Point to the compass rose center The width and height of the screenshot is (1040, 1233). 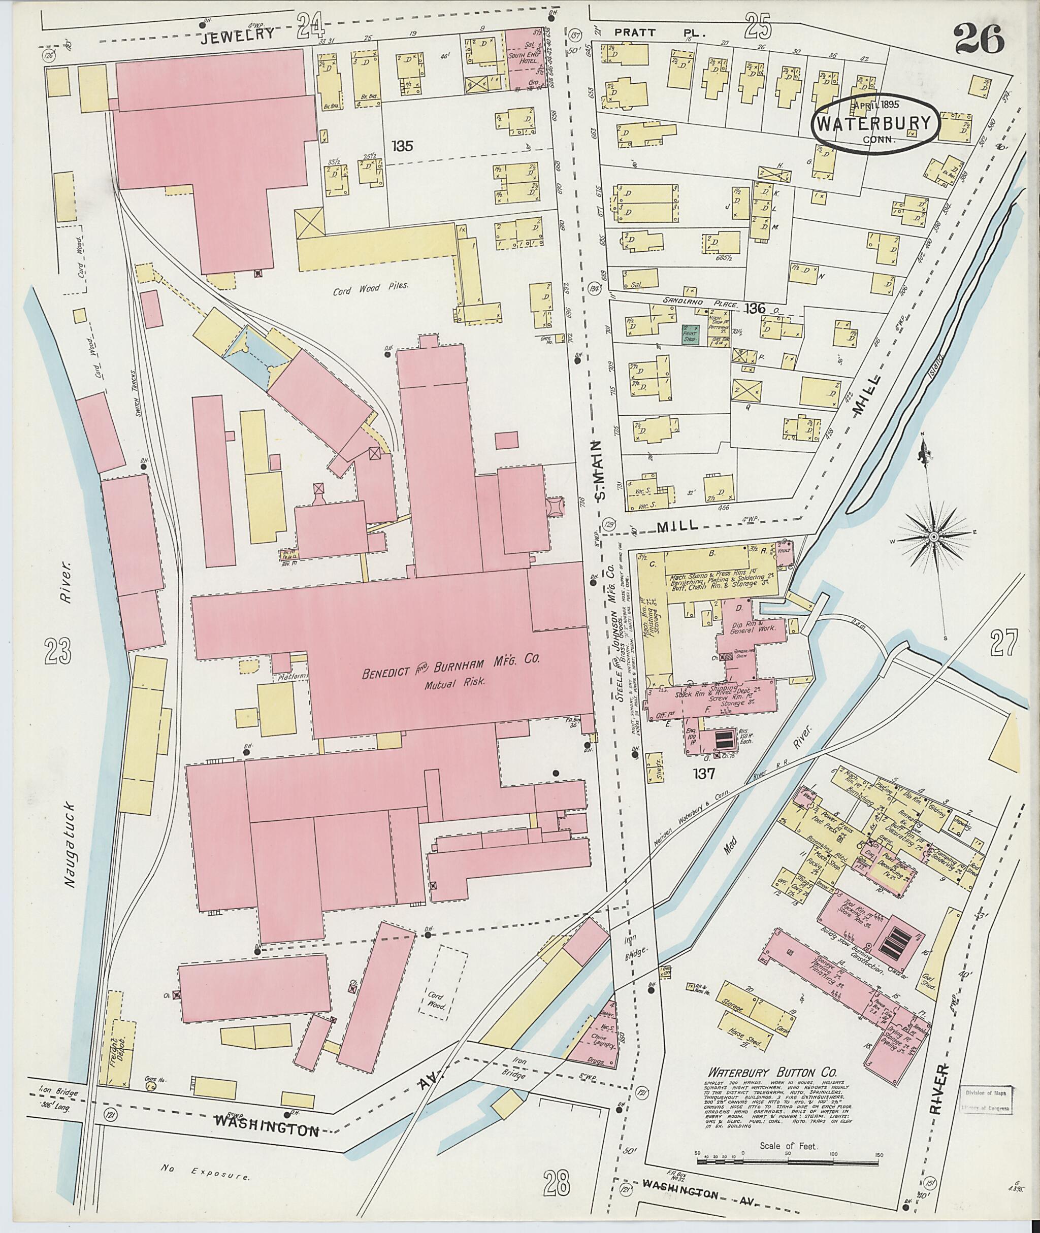(934, 537)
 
